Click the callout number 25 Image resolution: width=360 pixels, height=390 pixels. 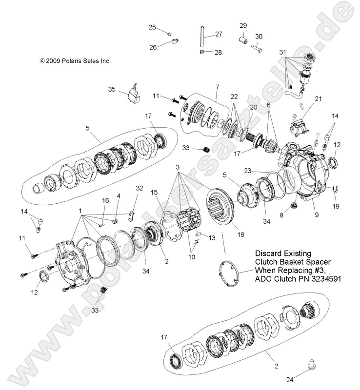click(152, 27)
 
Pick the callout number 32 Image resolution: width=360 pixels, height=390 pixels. click(140, 188)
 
